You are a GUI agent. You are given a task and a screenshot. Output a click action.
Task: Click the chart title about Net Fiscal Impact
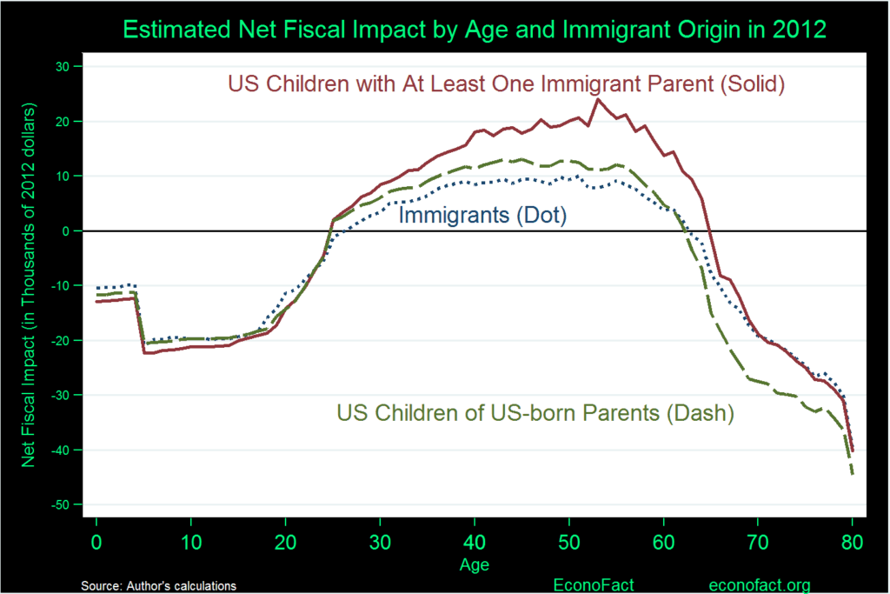pos(474,29)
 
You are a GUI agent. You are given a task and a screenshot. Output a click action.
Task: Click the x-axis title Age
pos(474,566)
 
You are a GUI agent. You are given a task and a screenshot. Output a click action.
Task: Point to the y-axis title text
pos(29,286)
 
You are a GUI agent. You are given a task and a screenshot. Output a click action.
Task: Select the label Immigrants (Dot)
pos(482,214)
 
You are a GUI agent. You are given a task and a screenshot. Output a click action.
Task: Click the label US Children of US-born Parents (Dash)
pos(535,413)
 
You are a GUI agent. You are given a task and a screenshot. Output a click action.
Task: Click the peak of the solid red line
pos(597,99)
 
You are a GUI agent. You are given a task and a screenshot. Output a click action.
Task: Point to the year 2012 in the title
pos(800,29)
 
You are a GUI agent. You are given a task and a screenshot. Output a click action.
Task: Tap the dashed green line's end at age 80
pos(853,474)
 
